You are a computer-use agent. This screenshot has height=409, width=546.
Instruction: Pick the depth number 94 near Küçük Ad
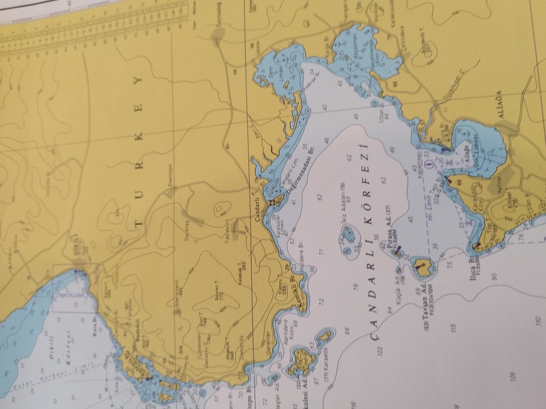tap(389, 309)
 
